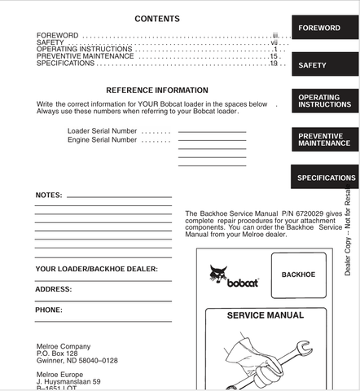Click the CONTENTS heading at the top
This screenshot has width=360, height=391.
(157, 19)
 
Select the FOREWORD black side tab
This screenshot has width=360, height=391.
(325, 28)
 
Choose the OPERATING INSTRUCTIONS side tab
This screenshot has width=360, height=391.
(325, 101)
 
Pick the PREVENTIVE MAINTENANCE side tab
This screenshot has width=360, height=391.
(325, 139)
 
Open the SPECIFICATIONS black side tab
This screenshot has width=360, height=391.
(325, 178)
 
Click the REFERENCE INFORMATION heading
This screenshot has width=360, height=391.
(157, 90)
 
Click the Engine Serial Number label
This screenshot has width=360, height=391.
(102, 139)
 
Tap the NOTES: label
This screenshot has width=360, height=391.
(49, 196)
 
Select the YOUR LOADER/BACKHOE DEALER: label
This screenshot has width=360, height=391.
(96, 269)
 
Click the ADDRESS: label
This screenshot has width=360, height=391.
(53, 289)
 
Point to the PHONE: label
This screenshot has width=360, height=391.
(49, 310)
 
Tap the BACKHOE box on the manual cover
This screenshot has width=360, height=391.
(298, 275)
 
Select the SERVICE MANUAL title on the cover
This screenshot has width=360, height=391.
(265, 315)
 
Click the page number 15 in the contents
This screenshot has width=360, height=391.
(274, 56)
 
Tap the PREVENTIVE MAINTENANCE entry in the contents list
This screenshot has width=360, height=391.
(85, 56)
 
